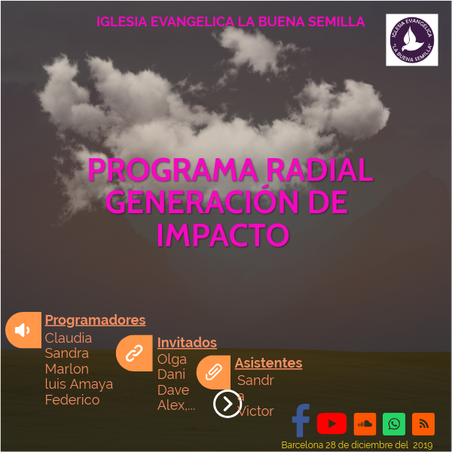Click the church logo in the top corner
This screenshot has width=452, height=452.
[x=411, y=39]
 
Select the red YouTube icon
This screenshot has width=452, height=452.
[x=331, y=423]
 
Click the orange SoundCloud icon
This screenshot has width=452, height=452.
[x=365, y=423]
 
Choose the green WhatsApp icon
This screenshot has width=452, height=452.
[x=394, y=423]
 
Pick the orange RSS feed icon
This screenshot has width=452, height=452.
[x=423, y=423]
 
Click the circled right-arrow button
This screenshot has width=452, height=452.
[x=227, y=404]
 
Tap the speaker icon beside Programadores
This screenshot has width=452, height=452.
[x=23, y=330]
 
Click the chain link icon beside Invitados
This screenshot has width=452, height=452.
[x=134, y=353]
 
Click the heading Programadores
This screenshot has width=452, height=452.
[x=95, y=320]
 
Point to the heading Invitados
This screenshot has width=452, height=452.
[x=187, y=343]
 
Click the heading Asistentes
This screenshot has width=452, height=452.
[x=268, y=363]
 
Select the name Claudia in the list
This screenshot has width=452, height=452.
[x=69, y=338]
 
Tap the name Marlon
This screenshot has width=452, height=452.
[x=67, y=369]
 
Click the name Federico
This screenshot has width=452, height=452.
[x=72, y=400]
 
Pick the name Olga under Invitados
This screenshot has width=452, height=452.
[x=172, y=359]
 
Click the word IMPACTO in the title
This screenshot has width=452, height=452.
[x=223, y=235]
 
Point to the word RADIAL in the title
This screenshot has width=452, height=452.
[x=319, y=170]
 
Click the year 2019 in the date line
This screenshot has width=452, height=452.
[x=423, y=445]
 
